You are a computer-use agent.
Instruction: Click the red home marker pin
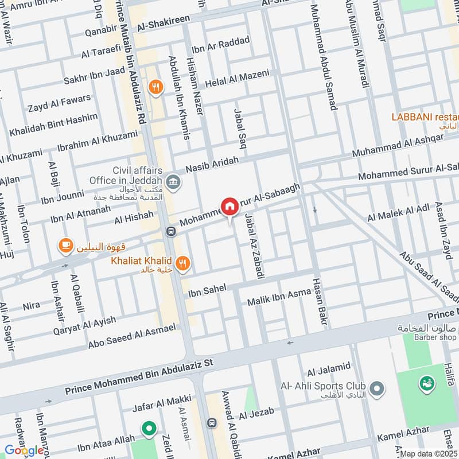(229, 207)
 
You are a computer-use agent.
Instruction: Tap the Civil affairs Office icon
(175, 184)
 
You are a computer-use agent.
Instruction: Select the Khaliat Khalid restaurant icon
(183, 263)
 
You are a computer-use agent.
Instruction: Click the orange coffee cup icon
(65, 246)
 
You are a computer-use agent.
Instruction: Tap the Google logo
(24, 450)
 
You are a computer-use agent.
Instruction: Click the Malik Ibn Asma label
(278, 298)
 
